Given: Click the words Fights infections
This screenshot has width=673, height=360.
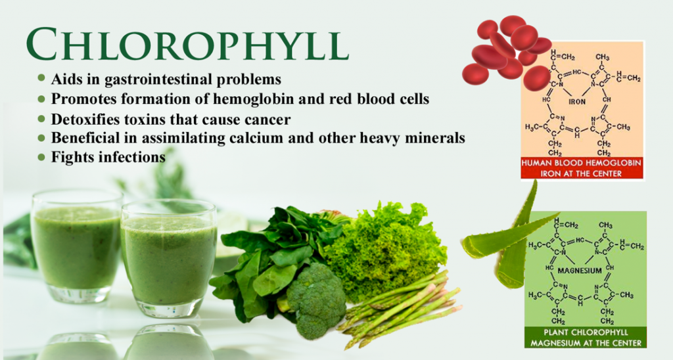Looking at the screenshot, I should tap(108, 158).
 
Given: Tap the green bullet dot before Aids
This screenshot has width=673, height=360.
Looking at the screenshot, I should tap(41, 79).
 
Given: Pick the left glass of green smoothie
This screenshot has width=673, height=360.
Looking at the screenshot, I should tap(76, 246).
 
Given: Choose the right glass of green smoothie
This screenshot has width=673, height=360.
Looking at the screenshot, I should tap(169, 259).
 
